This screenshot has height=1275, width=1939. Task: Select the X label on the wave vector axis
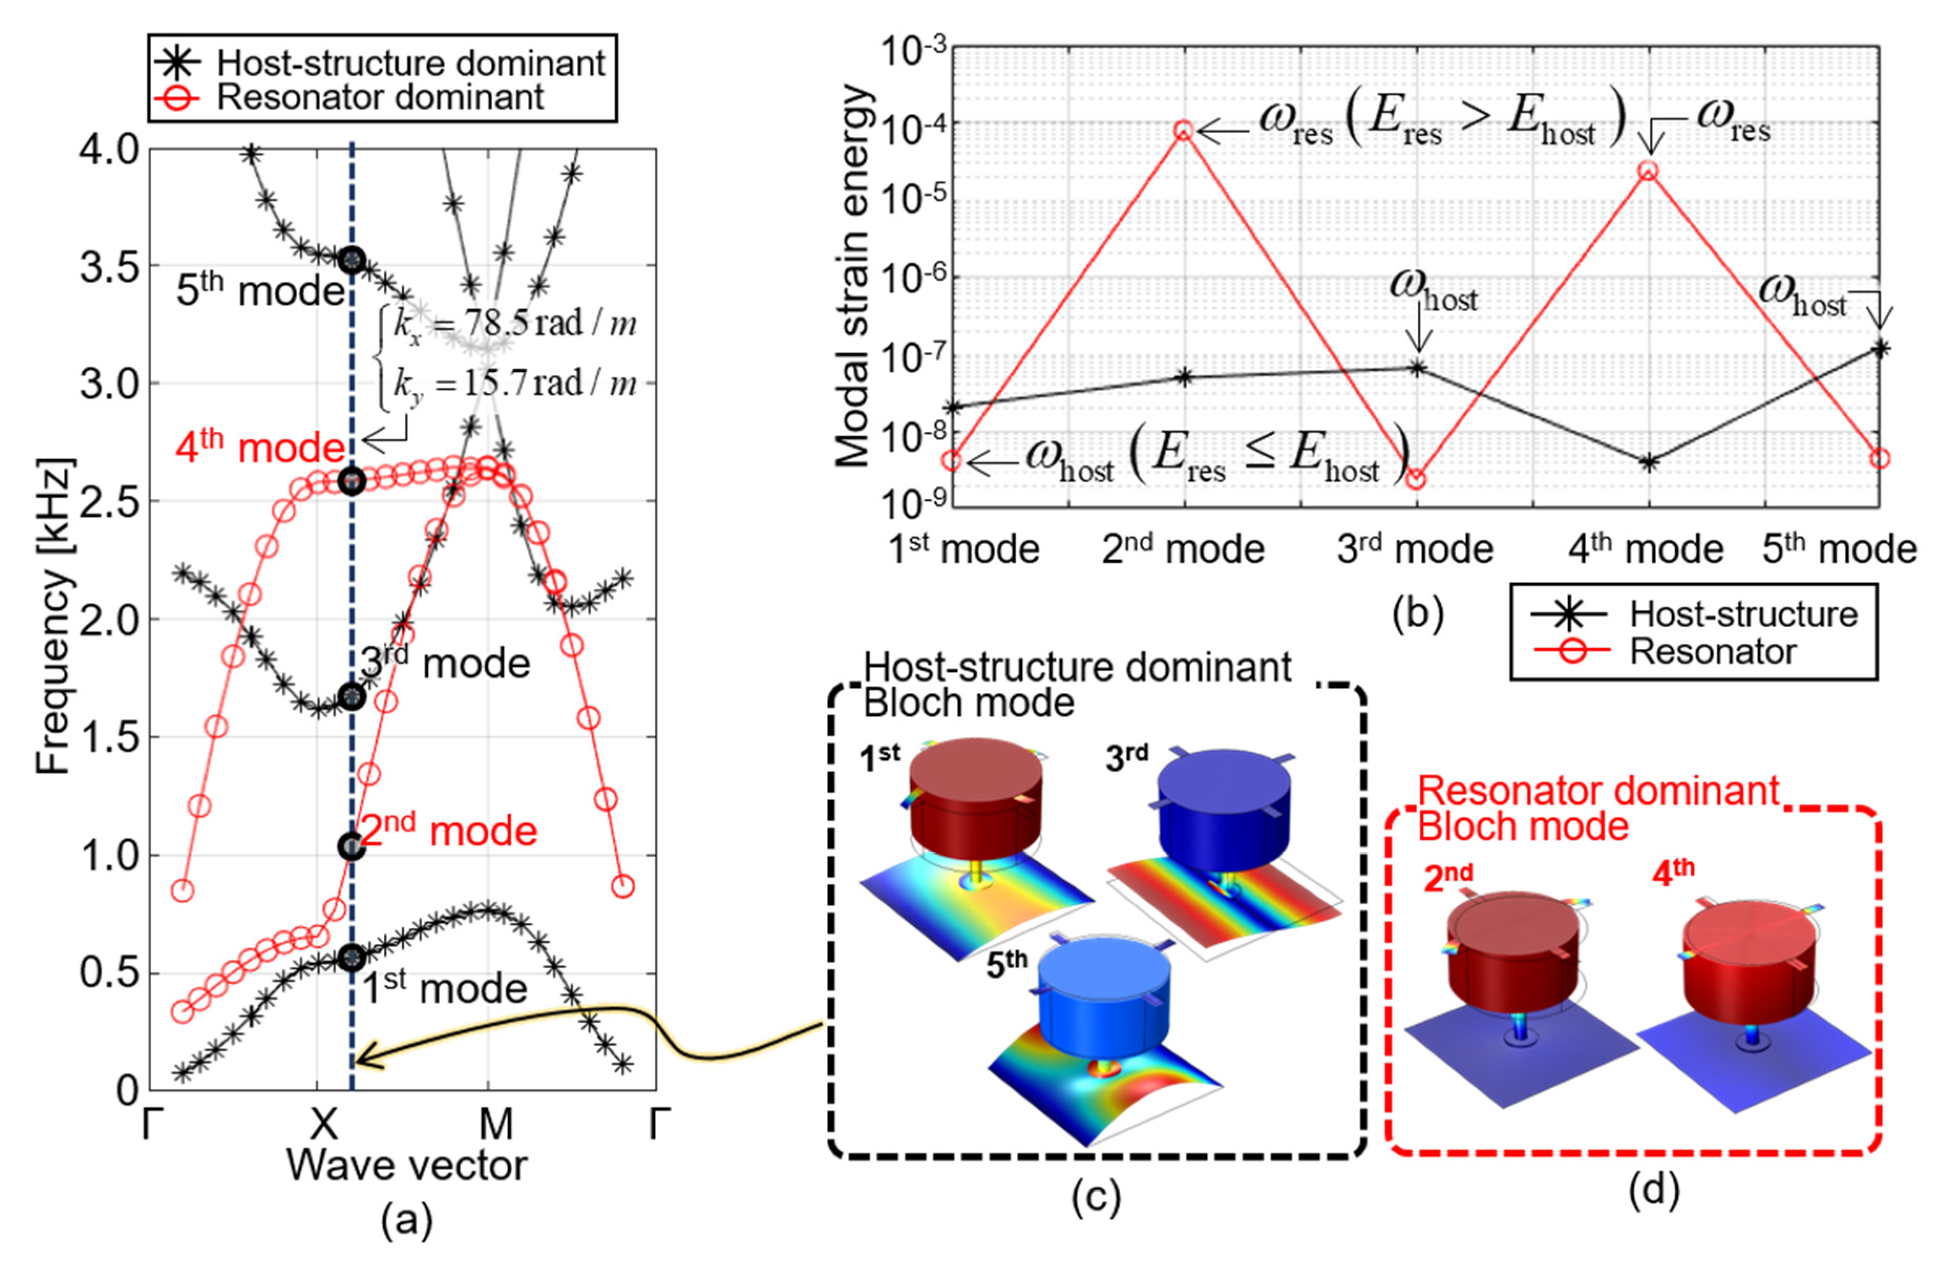pyautogui.click(x=323, y=1125)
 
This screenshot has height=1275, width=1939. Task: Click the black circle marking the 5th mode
pyautogui.click(x=351, y=261)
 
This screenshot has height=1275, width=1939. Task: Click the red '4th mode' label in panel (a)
pyautogui.click(x=261, y=447)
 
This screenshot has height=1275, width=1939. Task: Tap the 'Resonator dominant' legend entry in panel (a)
pyautogui.click(x=379, y=98)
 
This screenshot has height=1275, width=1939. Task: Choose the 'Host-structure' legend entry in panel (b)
pyautogui.click(x=1743, y=614)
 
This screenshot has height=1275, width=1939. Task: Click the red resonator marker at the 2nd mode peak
pyautogui.click(x=1184, y=130)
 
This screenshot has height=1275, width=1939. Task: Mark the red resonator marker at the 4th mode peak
pyautogui.click(x=1647, y=171)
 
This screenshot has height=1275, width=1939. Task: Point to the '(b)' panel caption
pyautogui.click(x=1417, y=614)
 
